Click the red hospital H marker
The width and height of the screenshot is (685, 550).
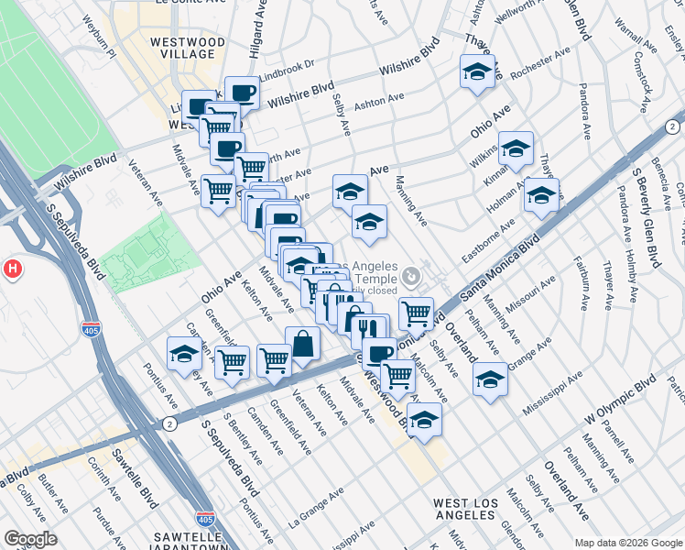[12, 269]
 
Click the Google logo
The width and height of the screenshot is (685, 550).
[30, 539]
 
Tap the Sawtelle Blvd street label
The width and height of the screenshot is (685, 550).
[147, 487]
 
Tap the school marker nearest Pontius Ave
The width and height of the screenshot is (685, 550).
[183, 354]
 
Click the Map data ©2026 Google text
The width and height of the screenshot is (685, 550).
[627, 543]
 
